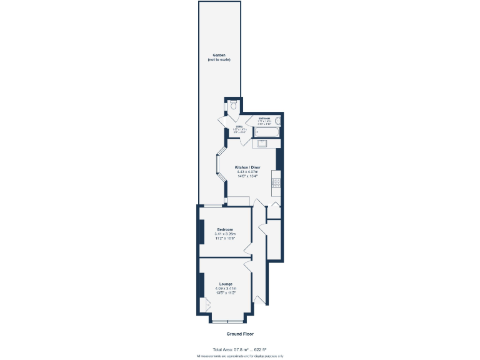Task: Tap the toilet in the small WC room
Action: pyautogui.click(x=232, y=104)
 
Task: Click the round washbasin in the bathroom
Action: pyautogui.click(x=277, y=121)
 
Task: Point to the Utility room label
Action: pyautogui.click(x=239, y=127)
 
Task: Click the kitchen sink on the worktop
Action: pyautogui.click(x=261, y=144)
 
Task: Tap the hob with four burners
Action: pyautogui.click(x=275, y=183)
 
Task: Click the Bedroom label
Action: pyautogui.click(x=225, y=229)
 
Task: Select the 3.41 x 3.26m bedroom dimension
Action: pyautogui.click(x=225, y=234)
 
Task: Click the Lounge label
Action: pyautogui.click(x=225, y=284)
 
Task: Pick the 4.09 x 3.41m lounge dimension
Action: pyautogui.click(x=225, y=288)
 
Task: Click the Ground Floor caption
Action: pyautogui.click(x=239, y=334)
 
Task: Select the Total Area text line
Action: pyautogui.click(x=239, y=349)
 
